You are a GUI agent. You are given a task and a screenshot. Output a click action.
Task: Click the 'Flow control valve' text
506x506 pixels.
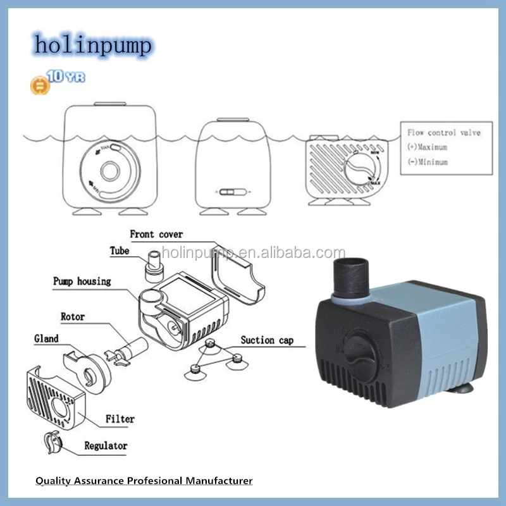pyautogui.click(x=443, y=133)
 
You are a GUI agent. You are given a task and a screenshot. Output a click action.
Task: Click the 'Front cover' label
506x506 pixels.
pyautogui.click(x=156, y=235)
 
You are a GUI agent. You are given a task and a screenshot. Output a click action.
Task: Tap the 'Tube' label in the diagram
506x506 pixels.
pyautogui.click(x=119, y=251)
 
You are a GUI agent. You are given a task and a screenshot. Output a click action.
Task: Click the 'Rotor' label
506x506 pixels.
pyautogui.click(x=73, y=316)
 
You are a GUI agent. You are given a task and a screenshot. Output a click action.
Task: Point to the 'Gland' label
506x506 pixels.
pyautogui.click(x=46, y=339)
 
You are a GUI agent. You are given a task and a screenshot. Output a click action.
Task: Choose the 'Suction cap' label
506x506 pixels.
pyautogui.click(x=267, y=340)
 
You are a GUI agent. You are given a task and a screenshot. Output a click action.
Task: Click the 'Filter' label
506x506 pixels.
pyautogui.click(x=120, y=419)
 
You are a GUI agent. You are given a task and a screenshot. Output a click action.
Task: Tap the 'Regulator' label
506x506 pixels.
pyautogui.click(x=106, y=446)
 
